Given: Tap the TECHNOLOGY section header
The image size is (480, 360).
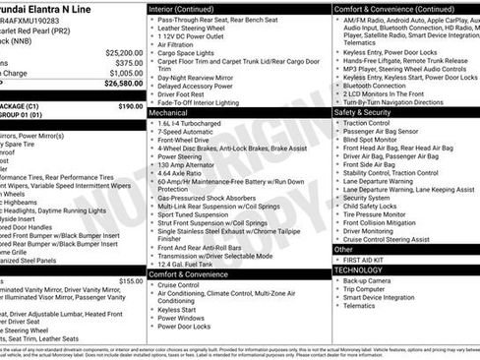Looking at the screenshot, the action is [358, 269].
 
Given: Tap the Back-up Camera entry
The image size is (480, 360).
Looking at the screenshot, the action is [366, 280].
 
